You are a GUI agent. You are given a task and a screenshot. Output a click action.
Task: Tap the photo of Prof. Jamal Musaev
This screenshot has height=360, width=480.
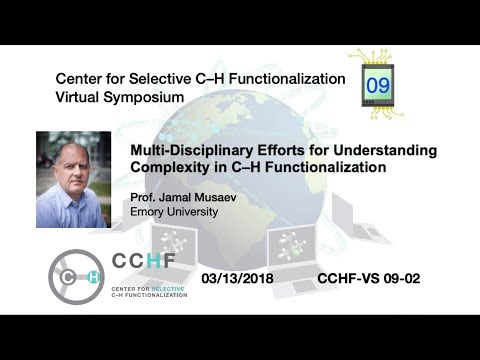(73, 180)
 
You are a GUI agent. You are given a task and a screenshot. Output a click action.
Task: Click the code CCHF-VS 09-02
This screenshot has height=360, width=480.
(365, 276)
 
